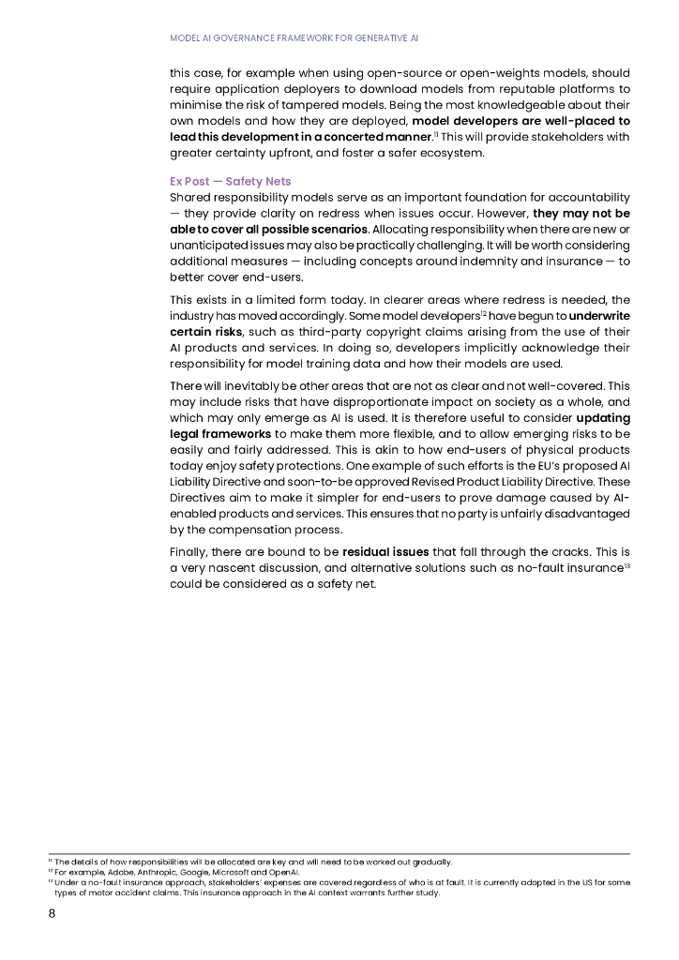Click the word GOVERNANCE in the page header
[254, 38]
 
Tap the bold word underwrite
[599, 316]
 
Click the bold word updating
[603, 417]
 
